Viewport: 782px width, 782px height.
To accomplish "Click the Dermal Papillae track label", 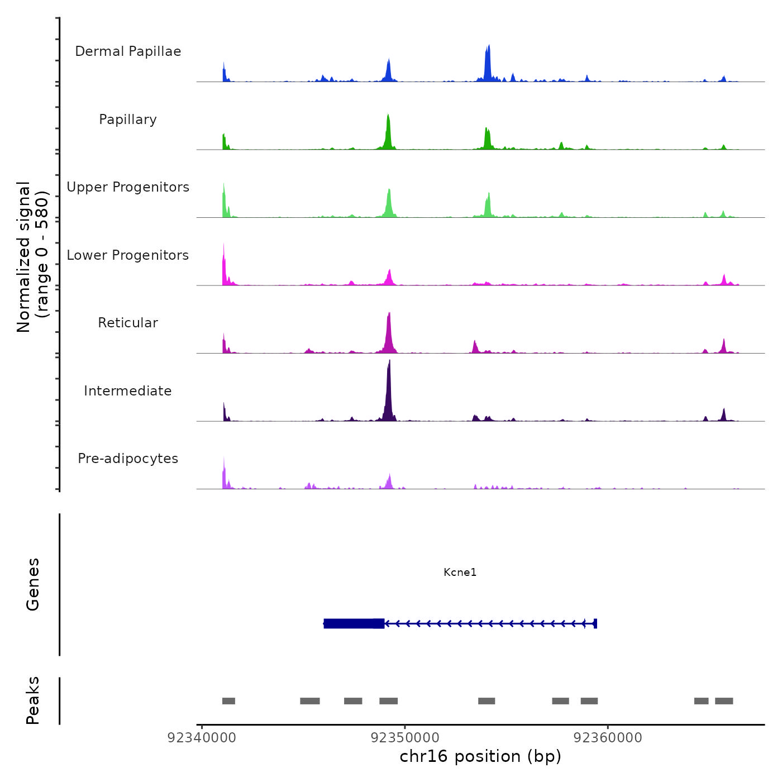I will [128, 51].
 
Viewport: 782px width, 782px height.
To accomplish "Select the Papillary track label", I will [128, 120].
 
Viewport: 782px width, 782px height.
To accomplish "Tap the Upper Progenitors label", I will [128, 187].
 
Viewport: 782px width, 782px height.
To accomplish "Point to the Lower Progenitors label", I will [128, 255].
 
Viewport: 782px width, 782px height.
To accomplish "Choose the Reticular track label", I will [128, 323].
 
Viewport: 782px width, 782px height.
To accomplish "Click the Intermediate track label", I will [128, 391].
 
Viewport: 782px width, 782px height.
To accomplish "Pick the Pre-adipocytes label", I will [128, 459].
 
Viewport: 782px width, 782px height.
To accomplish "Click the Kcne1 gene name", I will [460, 572].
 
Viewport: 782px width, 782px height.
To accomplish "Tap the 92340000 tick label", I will [202, 738].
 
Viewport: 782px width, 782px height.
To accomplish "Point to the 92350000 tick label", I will [405, 738].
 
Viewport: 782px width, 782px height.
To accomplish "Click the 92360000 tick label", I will [608, 738].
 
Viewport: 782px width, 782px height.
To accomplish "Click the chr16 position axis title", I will [480, 756].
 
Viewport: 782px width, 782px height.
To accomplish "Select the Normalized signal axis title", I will [33, 256].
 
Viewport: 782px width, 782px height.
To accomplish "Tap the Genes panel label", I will [33, 584].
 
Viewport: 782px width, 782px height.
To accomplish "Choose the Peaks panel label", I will [33, 700].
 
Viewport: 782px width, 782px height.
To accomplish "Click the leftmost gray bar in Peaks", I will [228, 701].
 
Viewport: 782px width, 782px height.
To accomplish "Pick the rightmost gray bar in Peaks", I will [724, 701].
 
